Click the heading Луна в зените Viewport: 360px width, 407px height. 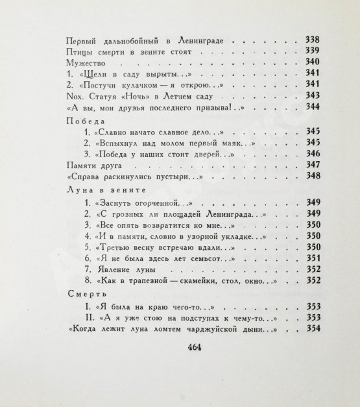click(100, 189)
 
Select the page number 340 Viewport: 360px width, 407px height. click(313, 63)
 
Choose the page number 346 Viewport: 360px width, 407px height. click(313, 154)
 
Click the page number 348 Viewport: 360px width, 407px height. click(313, 177)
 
